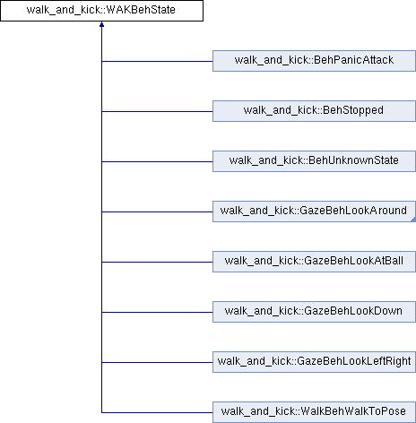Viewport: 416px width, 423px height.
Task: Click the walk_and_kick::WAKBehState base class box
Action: click(101, 11)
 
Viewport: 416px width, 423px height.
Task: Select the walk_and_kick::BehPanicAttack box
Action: click(314, 61)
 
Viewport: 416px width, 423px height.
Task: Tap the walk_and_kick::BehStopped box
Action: click(314, 111)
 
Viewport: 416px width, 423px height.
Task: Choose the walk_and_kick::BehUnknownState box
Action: click(314, 161)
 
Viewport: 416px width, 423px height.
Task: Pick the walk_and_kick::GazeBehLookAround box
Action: click(314, 211)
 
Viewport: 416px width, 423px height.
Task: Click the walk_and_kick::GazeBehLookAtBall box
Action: click(314, 262)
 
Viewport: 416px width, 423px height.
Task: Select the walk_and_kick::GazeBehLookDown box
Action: click(314, 312)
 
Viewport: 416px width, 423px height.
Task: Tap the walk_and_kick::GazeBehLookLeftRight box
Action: click(314, 362)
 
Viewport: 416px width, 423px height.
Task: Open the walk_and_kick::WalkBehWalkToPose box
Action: click(314, 412)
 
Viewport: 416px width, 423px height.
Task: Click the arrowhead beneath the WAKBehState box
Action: click(101, 24)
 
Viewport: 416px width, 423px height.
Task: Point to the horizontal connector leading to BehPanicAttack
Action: click(157, 61)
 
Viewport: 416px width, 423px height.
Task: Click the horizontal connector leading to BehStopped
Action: click(157, 111)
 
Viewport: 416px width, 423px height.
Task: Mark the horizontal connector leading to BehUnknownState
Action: click(157, 161)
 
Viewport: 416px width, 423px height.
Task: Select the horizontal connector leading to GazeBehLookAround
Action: click(157, 211)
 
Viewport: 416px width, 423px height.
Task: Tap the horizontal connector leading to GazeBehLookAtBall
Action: click(157, 262)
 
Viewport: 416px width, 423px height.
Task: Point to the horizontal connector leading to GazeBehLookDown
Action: click(157, 312)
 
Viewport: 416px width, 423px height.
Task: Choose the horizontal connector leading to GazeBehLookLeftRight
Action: click(157, 362)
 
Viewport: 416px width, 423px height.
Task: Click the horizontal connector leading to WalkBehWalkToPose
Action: click(157, 412)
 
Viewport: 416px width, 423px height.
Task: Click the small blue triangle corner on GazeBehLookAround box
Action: click(414, 220)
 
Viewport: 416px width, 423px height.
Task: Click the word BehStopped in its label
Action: click(353, 110)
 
